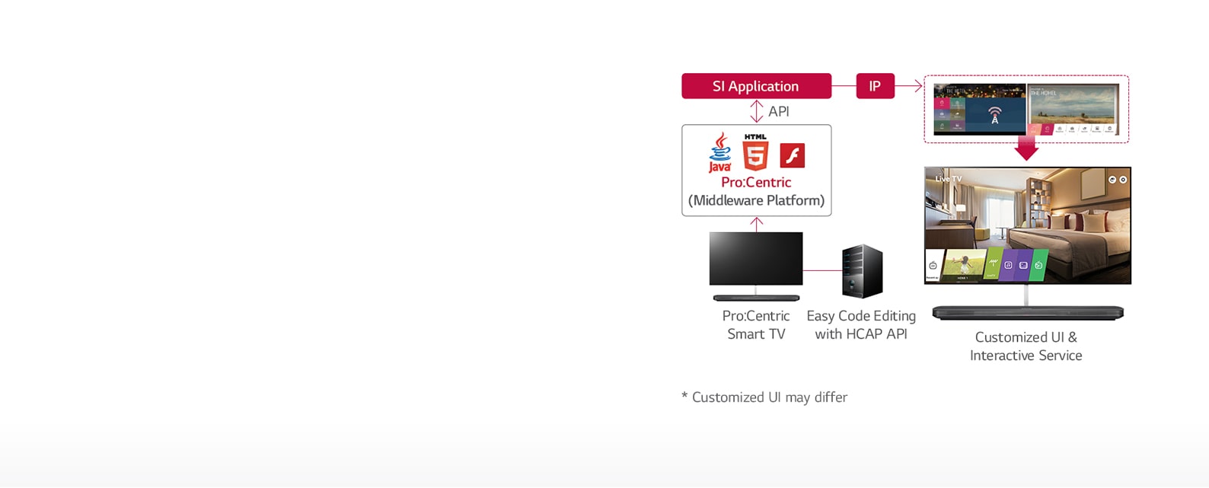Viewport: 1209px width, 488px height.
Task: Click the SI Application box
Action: [x=756, y=86]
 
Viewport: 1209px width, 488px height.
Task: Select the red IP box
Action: [x=875, y=86]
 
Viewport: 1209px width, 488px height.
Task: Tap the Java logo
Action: [x=719, y=153]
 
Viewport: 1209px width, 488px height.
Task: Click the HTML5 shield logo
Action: [x=755, y=153]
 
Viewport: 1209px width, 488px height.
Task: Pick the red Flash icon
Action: [x=793, y=155]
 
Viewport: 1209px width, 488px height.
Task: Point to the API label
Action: [x=779, y=112]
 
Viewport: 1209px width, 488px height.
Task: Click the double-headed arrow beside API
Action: [x=756, y=111]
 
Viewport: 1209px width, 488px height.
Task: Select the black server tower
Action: [x=862, y=271]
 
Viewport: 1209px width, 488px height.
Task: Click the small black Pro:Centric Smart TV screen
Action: [x=756, y=259]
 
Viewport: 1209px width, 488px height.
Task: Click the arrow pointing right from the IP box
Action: [x=909, y=87]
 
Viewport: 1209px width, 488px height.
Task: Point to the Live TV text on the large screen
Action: [x=949, y=179]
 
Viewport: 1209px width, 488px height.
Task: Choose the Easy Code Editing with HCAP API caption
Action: [x=861, y=325]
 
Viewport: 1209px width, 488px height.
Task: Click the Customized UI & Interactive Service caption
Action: [x=1026, y=346]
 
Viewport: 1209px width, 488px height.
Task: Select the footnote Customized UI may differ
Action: [x=764, y=397]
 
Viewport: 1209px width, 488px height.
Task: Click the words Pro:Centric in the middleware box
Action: [x=756, y=183]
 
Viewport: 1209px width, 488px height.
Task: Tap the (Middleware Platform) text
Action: [x=756, y=201]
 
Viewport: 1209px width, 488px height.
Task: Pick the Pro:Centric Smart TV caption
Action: [x=756, y=325]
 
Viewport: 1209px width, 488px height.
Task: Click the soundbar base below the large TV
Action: [x=1027, y=312]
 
